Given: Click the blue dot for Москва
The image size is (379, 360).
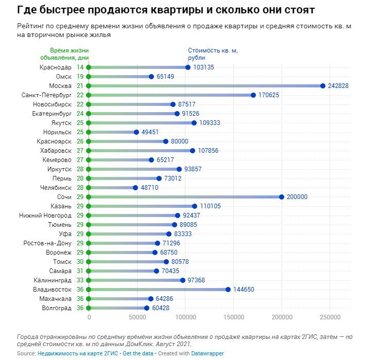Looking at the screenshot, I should (323, 86).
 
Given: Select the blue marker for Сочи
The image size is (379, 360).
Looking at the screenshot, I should (282, 197).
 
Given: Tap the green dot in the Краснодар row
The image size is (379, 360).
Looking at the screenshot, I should (89, 67).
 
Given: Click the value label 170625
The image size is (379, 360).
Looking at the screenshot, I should (269, 95).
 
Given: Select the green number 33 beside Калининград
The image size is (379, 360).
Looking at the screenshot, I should (80, 280).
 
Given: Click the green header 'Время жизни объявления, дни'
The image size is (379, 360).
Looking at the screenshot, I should (65, 54).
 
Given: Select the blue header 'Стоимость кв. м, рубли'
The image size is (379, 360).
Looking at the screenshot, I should (213, 54).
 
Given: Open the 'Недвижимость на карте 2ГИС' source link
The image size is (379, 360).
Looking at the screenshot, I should (78, 354).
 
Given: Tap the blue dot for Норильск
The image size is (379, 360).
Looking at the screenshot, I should (136, 132).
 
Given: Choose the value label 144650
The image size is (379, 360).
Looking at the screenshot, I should (245, 290).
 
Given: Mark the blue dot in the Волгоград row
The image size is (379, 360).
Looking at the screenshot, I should (147, 308).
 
